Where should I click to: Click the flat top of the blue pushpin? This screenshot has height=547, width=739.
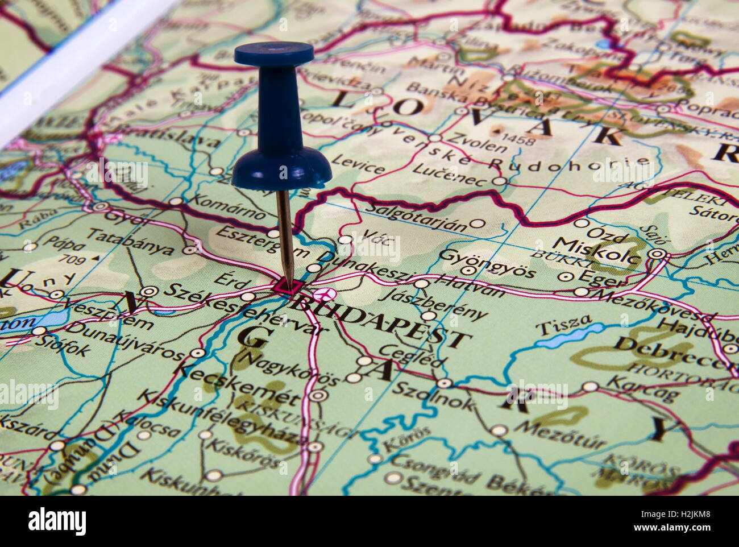coord(273,53)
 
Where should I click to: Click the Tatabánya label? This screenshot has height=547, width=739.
coord(131,241)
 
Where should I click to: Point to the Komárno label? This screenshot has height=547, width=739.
coord(226,207)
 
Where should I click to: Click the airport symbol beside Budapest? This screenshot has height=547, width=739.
coord(324,293)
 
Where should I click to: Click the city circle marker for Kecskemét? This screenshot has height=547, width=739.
coord(319,395)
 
